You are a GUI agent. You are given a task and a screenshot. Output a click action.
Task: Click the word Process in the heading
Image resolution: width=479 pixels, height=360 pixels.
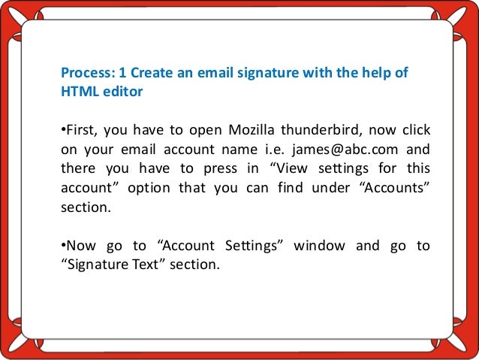(85, 74)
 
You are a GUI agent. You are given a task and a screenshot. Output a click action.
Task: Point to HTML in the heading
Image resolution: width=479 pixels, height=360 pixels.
(77, 92)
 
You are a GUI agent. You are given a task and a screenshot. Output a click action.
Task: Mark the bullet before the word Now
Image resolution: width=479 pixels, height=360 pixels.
(62, 247)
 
